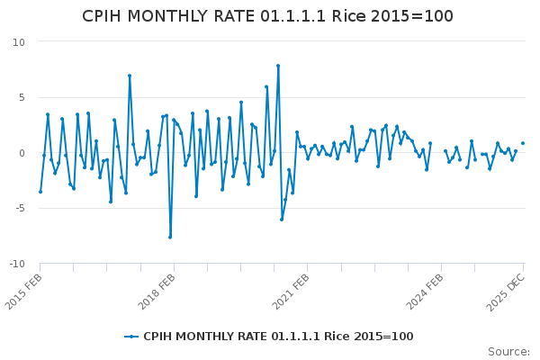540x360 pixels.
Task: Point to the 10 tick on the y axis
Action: coord(19,42)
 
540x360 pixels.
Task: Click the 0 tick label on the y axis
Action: coord(22,153)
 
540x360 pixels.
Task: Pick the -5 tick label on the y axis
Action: coord(19,209)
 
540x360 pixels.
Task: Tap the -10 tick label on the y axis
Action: coord(16,264)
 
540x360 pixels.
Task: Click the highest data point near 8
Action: coord(278,66)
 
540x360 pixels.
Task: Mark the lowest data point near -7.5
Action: coord(170,237)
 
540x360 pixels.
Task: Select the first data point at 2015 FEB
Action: coord(40,192)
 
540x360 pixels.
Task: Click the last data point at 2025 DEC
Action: coord(523,143)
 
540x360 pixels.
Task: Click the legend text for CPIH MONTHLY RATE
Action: coord(278,337)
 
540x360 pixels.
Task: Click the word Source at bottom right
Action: coord(508,352)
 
